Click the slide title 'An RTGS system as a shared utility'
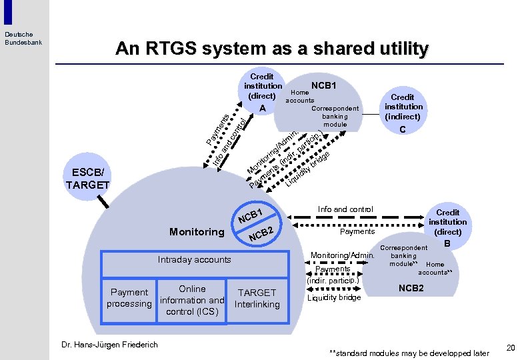tap(272, 49)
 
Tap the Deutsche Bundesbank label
tap(19, 38)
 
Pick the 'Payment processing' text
tap(129, 298)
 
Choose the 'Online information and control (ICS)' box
tap(192, 300)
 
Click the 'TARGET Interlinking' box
tap(257, 298)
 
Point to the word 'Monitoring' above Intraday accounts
tap(197, 232)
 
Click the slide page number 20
tap(511, 348)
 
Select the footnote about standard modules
tap(409, 353)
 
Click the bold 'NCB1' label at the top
tap(324, 86)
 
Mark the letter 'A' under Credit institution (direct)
tap(263, 109)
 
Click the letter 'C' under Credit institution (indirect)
tap(403, 129)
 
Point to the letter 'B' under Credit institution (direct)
tap(448, 245)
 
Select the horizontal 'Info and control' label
tap(345, 209)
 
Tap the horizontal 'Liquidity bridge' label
tap(334, 297)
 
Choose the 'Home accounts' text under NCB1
tap(300, 97)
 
